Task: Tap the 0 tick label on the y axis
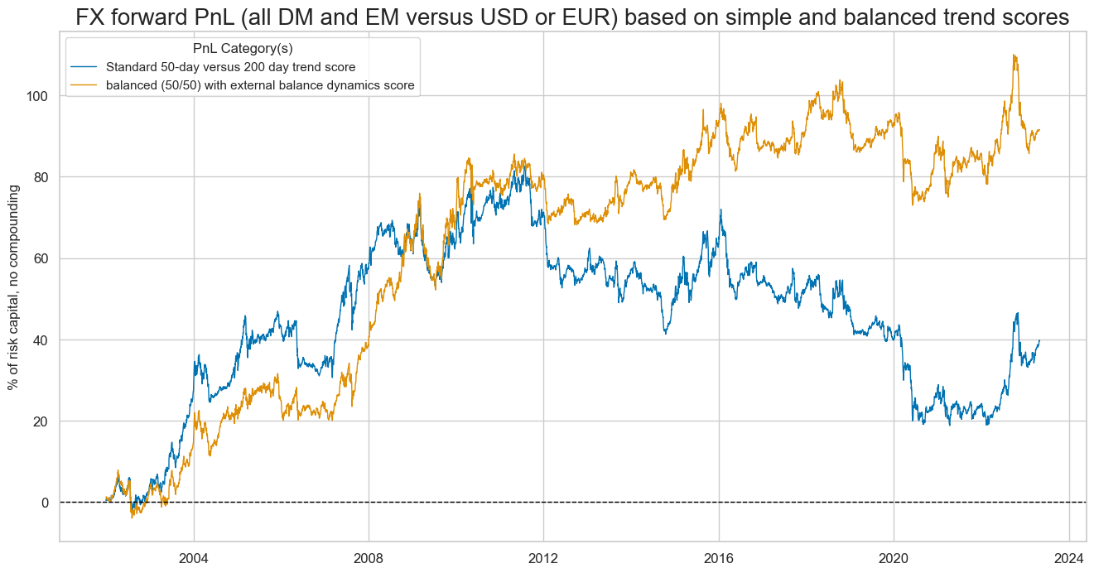(46, 503)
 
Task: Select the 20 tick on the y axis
(41, 421)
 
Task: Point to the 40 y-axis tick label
(41, 340)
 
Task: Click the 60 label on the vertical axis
(41, 258)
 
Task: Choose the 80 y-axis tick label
(41, 177)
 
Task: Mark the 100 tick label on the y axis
(38, 96)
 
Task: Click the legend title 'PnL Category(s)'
(243, 49)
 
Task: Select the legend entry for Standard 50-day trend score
(237, 67)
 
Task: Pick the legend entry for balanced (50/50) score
(266, 85)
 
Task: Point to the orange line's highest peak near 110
(1014, 55)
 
